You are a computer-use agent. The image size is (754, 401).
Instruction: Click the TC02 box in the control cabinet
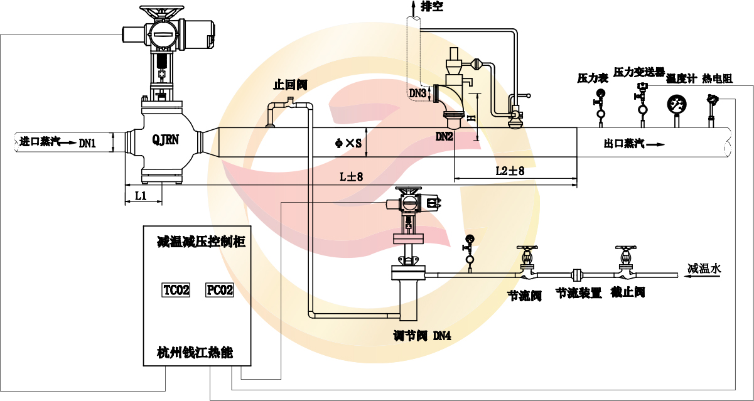coord(176,290)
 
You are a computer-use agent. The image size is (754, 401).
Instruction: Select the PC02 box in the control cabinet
coord(220,290)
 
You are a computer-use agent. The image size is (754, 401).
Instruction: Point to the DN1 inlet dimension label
coord(87,143)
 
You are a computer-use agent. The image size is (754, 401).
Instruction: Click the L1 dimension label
coord(141,196)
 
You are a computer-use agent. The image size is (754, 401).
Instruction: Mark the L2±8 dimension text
coord(510,171)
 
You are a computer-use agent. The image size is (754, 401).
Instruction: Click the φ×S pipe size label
coord(349,144)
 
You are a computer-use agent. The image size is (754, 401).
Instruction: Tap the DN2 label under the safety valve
coord(444,136)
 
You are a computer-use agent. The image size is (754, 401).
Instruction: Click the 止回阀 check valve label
coord(290,84)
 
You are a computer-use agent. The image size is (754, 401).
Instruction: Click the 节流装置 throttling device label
coord(579,293)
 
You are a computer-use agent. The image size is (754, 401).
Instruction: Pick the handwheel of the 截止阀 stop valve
coord(625,249)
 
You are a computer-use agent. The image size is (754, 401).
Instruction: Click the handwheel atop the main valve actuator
coord(155,11)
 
